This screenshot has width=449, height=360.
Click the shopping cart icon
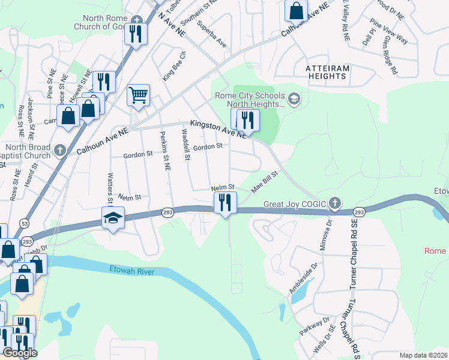click(x=138, y=94)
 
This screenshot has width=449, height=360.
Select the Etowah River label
click(x=132, y=272)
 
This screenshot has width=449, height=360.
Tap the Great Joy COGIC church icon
click(x=335, y=203)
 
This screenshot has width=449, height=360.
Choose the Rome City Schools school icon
click(x=294, y=98)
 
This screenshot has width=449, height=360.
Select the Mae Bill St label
click(x=265, y=181)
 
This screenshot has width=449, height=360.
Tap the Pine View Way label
click(x=389, y=31)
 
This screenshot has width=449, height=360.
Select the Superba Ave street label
click(x=212, y=35)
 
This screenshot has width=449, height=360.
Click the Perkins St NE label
click(x=163, y=148)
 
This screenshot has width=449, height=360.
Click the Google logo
click(x=20, y=353)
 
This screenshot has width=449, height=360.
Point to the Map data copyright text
click(x=424, y=355)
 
